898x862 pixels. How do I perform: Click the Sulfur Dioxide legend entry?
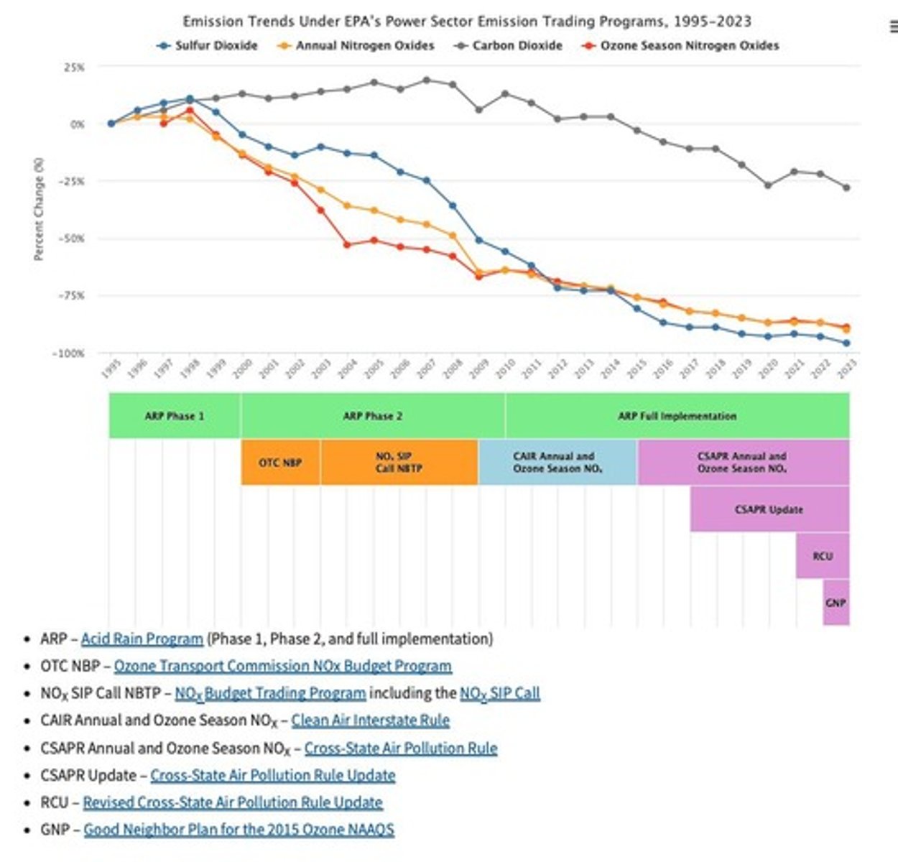pyautogui.click(x=208, y=45)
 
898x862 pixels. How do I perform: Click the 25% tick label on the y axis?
pyautogui.click(x=74, y=67)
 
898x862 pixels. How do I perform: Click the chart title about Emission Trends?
pyautogui.click(x=467, y=22)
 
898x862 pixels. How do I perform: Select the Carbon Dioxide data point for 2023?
pyautogui.click(x=846, y=187)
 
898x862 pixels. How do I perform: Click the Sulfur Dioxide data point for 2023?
pyautogui.click(x=846, y=343)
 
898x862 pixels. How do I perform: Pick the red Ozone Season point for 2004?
pyautogui.click(x=347, y=245)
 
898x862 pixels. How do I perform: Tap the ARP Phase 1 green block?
pyautogui.click(x=175, y=416)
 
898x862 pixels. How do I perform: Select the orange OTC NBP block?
pyautogui.click(x=280, y=463)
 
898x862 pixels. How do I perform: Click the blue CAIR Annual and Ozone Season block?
pyautogui.click(x=557, y=463)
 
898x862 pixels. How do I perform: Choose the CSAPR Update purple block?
pyautogui.click(x=769, y=509)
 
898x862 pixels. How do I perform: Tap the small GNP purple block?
pyautogui.click(x=835, y=603)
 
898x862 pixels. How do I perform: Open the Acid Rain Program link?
pyautogui.click(x=142, y=639)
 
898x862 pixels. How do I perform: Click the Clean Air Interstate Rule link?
pyautogui.click(x=370, y=720)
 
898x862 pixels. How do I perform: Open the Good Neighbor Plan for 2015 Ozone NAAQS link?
pyautogui.click(x=239, y=830)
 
